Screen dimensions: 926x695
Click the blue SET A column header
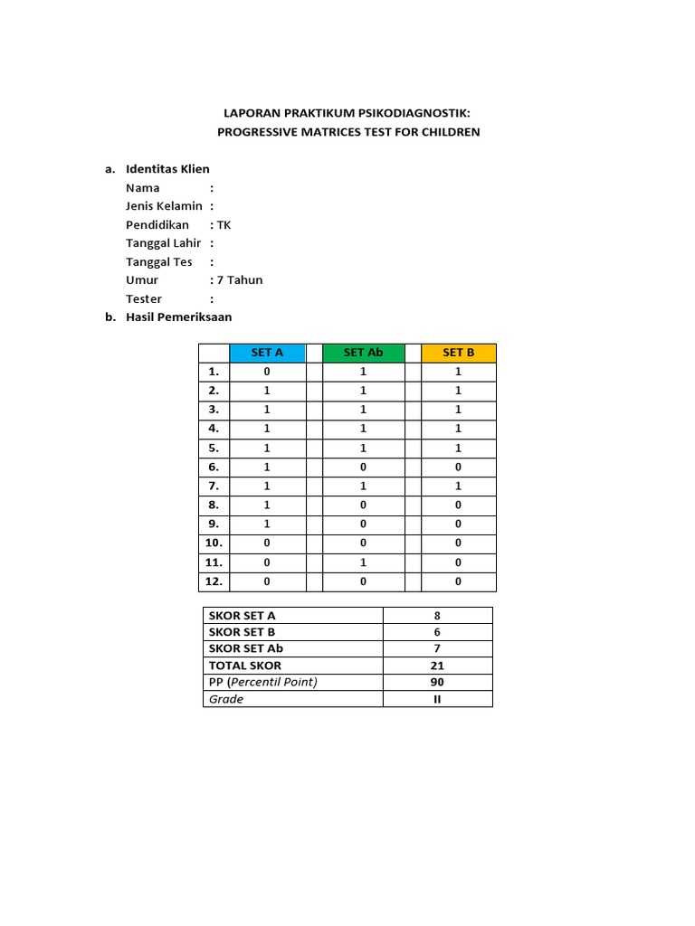267,353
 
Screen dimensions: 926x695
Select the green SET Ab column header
364,353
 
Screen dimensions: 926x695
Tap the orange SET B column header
458,353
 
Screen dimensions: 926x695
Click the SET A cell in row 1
267,372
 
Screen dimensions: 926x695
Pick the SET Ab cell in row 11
364,562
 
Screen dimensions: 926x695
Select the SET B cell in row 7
458,487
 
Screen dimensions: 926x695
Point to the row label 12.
214,581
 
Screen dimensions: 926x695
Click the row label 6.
214,468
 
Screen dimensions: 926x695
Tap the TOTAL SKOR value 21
437,666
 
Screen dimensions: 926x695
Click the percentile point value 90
437,682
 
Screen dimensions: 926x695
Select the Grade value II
437,699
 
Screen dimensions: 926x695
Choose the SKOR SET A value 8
437,616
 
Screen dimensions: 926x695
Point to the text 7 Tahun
240,280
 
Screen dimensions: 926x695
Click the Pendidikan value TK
224,225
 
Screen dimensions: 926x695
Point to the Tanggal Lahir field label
164,243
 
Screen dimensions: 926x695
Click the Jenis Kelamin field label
164,206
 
